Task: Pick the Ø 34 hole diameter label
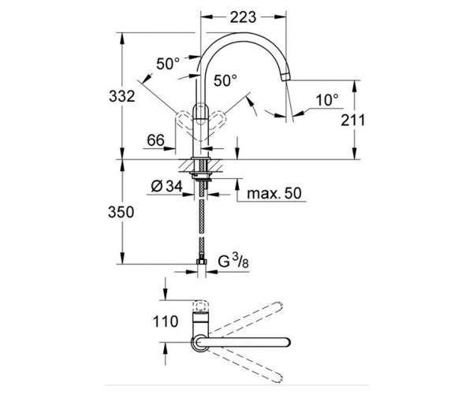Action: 164,187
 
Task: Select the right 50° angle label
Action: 225,80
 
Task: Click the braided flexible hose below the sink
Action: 204,225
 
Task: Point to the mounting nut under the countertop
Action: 204,176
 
